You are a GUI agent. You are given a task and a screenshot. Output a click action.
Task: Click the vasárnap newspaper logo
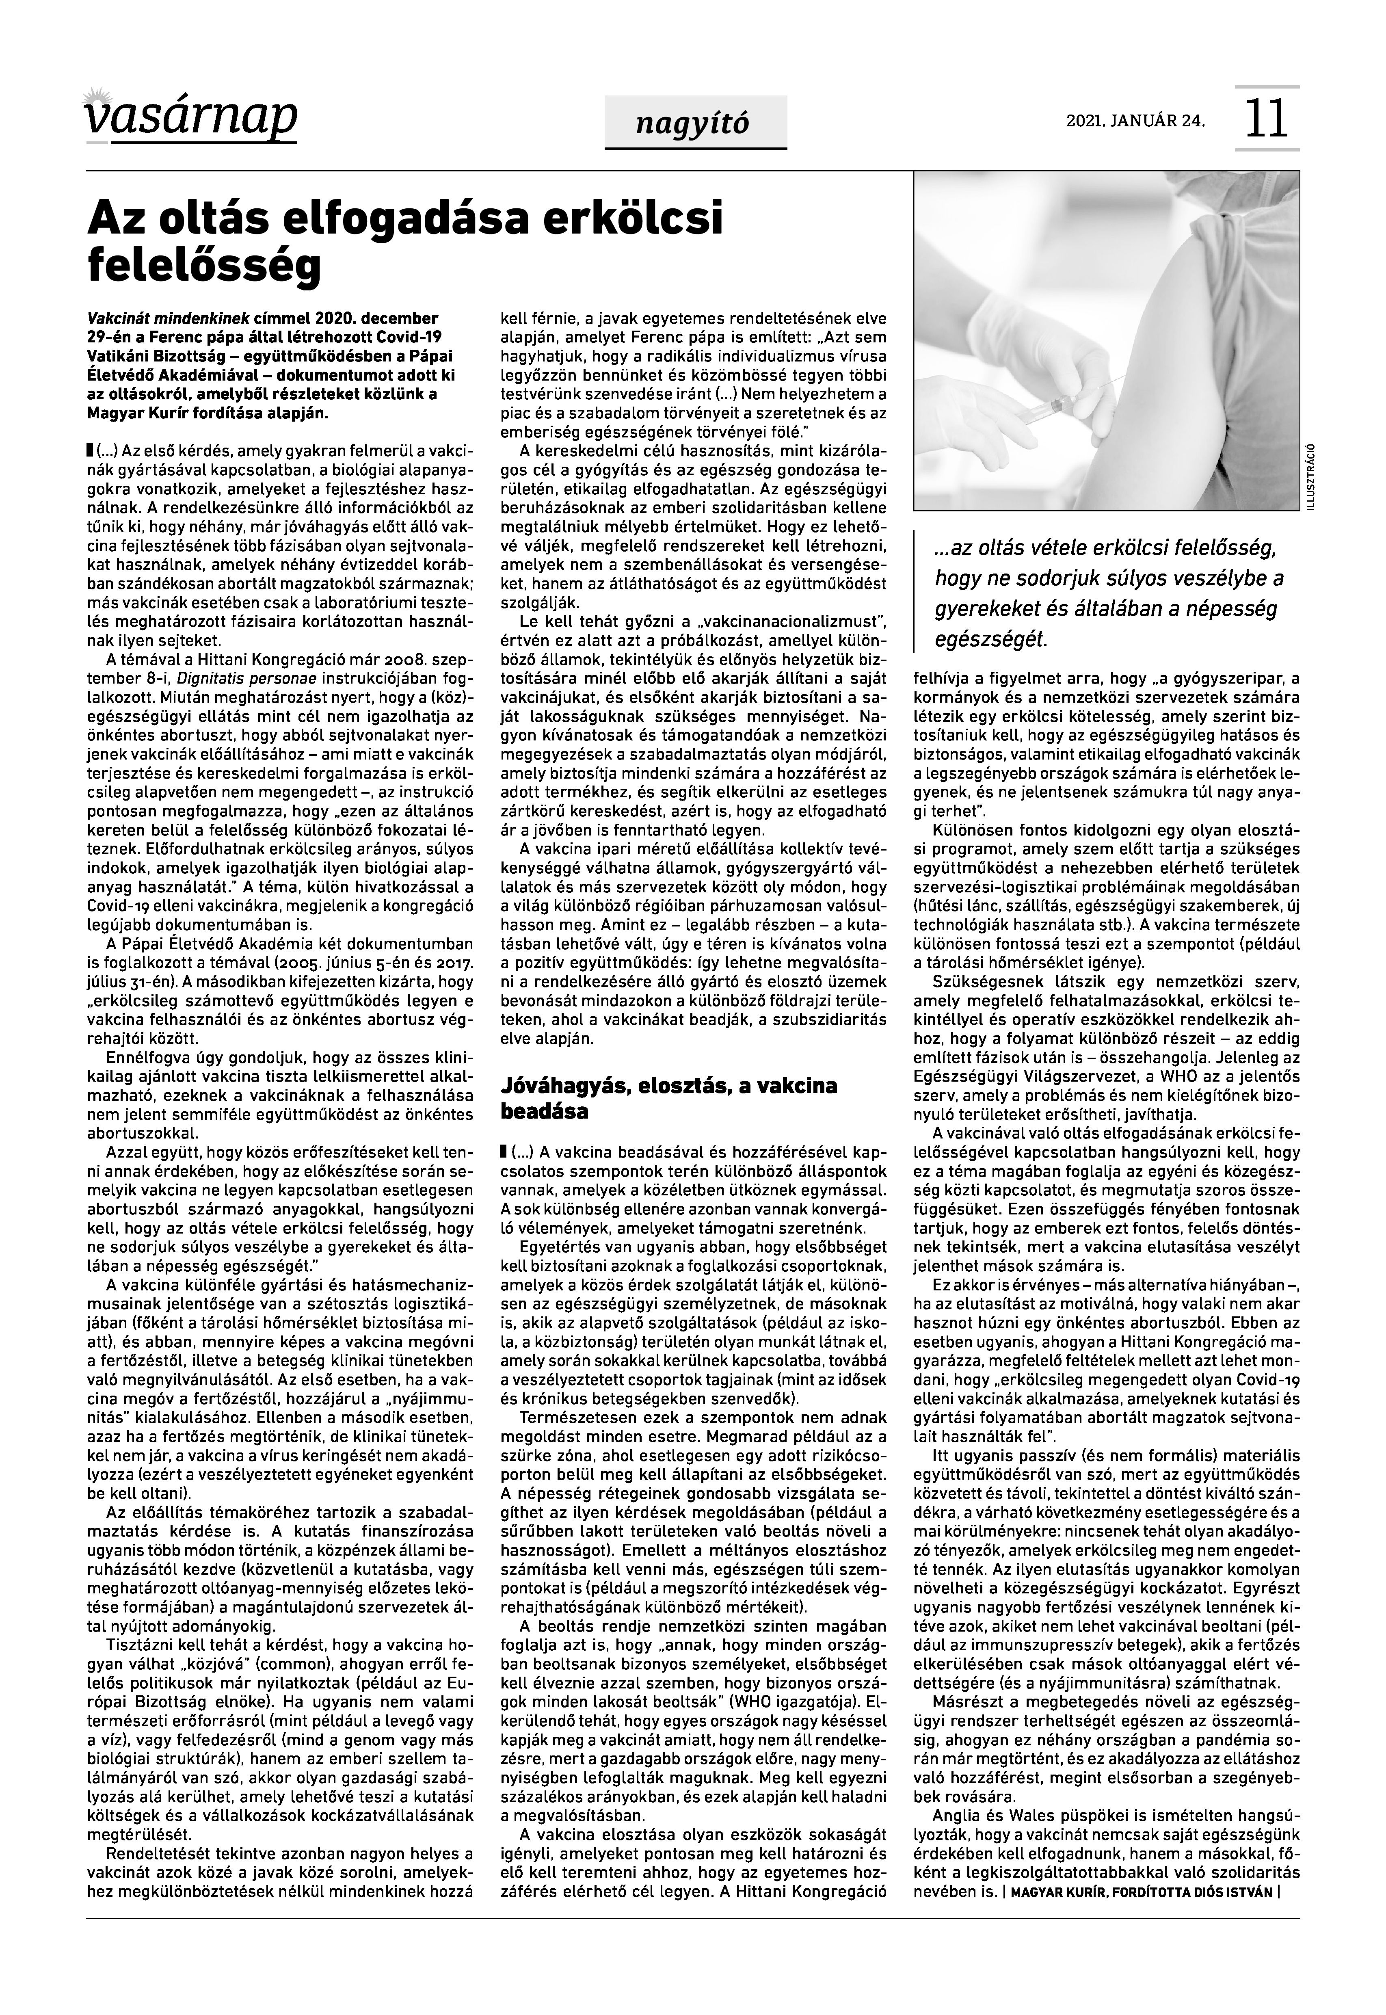coord(191,115)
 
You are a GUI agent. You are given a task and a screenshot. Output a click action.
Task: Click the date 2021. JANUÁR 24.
coord(1135,121)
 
